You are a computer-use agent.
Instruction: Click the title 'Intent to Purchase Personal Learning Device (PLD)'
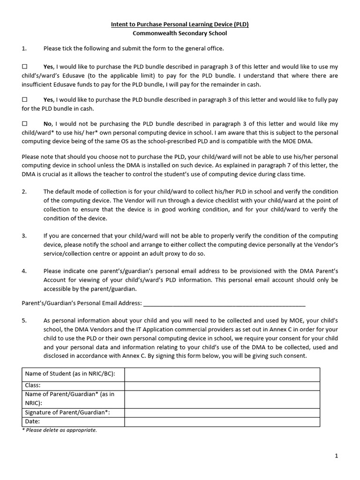[180, 24]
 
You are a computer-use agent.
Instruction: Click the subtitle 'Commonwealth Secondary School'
[180, 34]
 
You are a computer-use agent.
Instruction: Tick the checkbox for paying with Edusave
[25, 67]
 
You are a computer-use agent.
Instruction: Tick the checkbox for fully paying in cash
[25, 100]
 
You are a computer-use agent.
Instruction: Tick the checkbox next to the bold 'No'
[25, 124]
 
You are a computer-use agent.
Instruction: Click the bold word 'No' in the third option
[47, 124]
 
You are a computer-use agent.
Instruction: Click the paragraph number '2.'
[24, 192]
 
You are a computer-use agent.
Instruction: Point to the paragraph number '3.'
[24, 236]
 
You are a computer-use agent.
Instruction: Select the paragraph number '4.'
[24, 271]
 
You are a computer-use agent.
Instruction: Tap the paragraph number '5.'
[24, 320]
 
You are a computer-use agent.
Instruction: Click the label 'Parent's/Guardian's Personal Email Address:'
[82, 303]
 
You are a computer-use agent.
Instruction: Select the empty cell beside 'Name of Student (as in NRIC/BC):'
[222, 374]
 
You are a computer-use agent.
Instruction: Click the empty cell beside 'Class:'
[222, 385]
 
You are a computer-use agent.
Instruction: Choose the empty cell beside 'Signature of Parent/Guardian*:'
[222, 412]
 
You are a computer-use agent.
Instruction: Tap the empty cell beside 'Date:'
[222, 422]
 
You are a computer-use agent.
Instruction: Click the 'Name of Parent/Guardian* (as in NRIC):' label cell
[73, 398]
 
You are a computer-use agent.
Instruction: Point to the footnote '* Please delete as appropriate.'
[60, 430]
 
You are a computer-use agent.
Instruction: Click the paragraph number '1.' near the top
[24, 48]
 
